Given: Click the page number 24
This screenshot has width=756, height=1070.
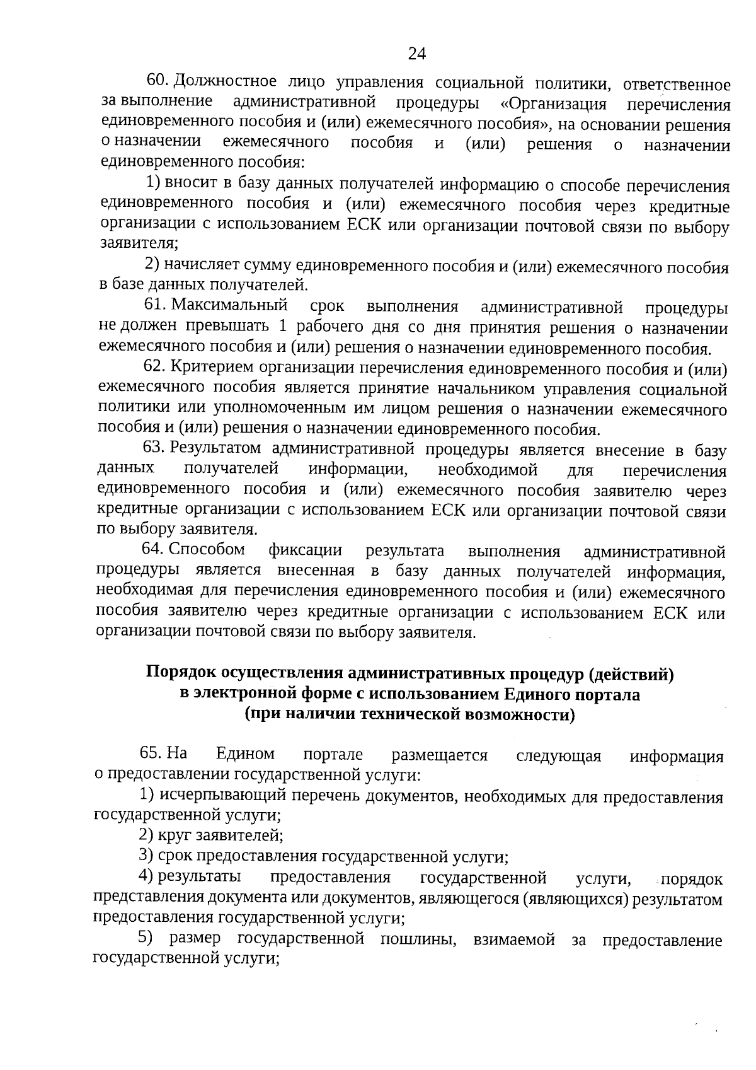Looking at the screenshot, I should [x=417, y=54].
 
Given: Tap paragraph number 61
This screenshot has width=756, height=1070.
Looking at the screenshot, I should [x=155, y=306].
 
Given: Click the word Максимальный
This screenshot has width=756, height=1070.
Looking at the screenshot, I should [x=229, y=306].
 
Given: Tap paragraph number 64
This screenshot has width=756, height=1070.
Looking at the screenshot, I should [x=154, y=550].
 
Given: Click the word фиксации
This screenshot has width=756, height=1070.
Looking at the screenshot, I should [x=305, y=550].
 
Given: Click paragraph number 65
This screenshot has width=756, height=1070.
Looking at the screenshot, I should [x=151, y=753].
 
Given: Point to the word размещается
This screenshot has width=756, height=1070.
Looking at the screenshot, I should [x=439, y=755].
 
